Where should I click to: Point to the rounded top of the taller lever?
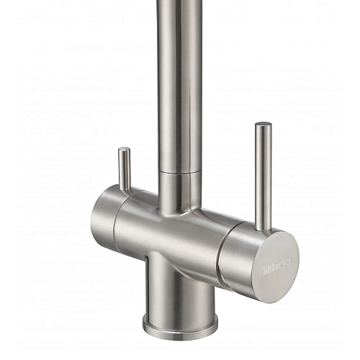coord(263,126)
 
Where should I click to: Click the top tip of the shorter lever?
coord(125,150)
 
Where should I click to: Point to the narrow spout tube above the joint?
coord(174,86)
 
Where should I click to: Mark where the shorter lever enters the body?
coord(124,191)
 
